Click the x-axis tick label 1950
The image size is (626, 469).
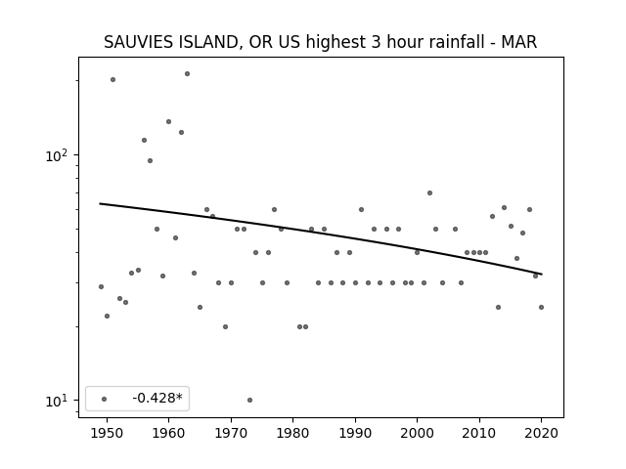107,433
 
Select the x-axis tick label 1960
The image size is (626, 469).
168,433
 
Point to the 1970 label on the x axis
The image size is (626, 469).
231,433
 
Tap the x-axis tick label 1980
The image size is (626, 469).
292,433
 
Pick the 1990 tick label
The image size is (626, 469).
355,433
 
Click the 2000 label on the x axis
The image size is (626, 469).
417,433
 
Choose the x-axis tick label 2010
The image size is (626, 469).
479,433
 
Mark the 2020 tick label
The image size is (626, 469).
541,433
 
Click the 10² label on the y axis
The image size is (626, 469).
57,155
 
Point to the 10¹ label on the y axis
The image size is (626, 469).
57,401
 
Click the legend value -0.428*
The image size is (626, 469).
157,398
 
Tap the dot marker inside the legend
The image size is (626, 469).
105,399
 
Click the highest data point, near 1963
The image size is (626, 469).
187,74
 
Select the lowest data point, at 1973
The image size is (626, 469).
250,400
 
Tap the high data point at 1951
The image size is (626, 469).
113,80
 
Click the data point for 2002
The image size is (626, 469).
430,193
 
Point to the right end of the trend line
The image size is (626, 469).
542,274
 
